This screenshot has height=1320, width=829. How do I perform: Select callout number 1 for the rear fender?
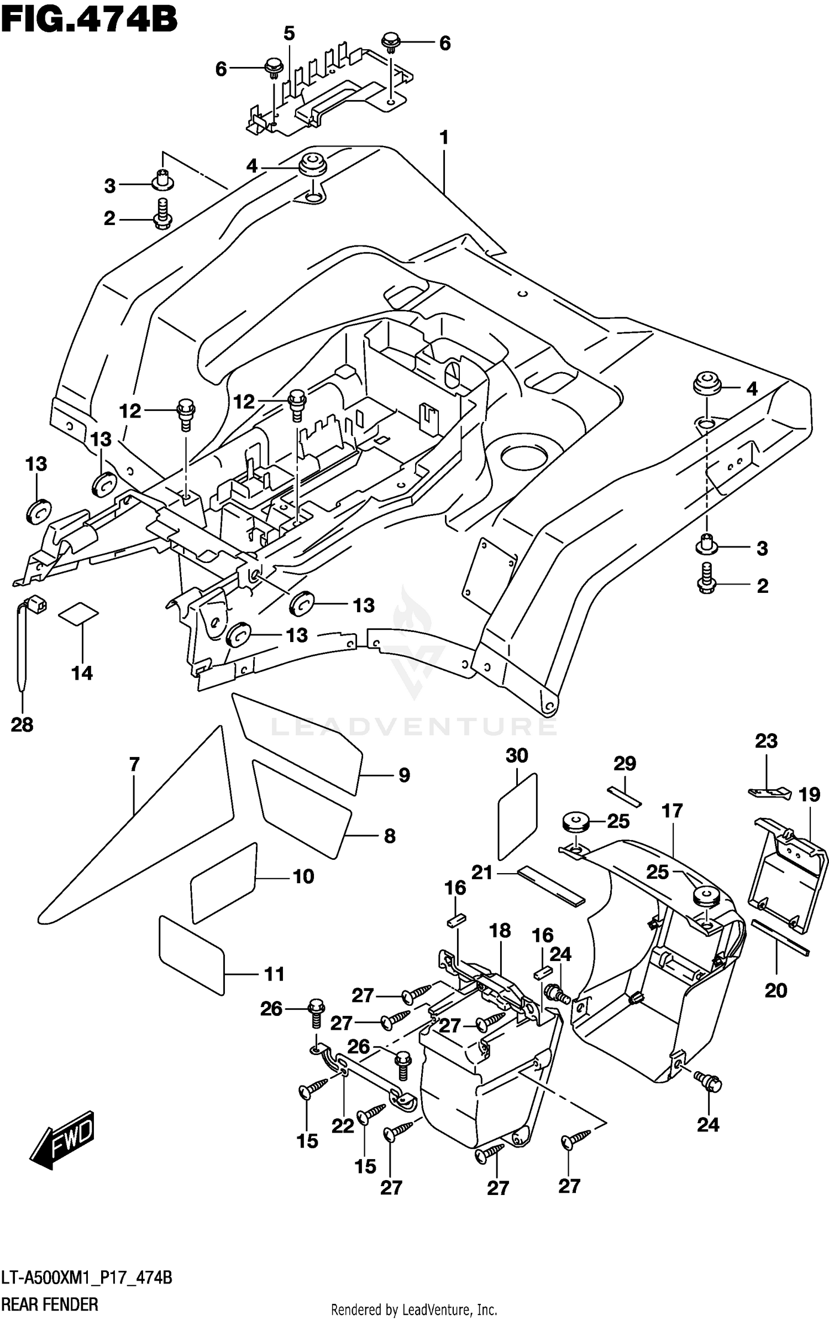click(x=444, y=138)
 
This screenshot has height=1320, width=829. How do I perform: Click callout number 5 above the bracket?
click(x=289, y=34)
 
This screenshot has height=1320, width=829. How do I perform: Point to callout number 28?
click(x=22, y=724)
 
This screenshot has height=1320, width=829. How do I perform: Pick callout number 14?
click(x=82, y=673)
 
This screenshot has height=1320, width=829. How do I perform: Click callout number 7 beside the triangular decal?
click(x=134, y=765)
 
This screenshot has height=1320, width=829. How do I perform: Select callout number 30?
click(x=517, y=755)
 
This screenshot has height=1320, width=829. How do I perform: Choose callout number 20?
click(x=775, y=990)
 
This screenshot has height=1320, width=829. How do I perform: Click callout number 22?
click(x=343, y=1126)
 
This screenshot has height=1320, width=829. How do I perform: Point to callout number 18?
click(x=500, y=931)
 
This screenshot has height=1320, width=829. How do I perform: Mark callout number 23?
click(x=766, y=741)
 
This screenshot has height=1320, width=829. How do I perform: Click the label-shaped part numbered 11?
click(x=191, y=955)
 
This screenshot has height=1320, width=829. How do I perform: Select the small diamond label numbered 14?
click(x=78, y=613)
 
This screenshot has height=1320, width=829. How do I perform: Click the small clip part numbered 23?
click(x=769, y=792)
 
